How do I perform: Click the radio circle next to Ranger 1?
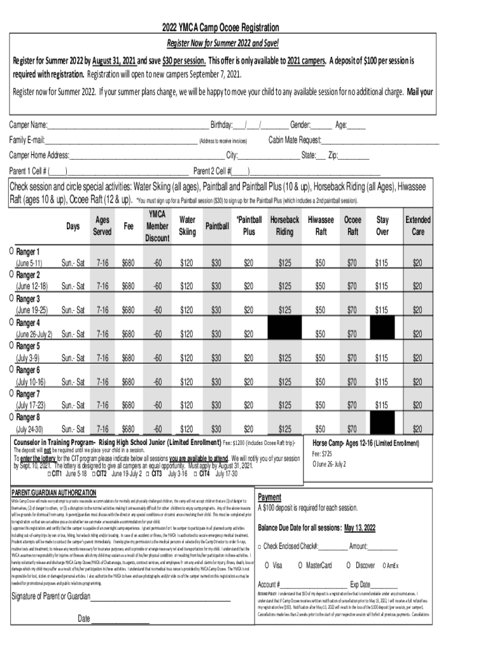click(12, 251)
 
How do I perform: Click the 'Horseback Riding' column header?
click(284, 226)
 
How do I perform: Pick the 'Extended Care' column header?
click(417, 226)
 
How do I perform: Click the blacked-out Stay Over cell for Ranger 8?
click(382, 422)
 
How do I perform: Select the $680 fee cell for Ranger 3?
click(128, 310)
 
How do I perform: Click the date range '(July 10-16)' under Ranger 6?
click(31, 381)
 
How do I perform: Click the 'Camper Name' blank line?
click(128, 125)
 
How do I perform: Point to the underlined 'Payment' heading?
click(269, 497)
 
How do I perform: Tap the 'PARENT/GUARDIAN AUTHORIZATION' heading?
click(54, 493)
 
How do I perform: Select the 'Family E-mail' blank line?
click(121, 141)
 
